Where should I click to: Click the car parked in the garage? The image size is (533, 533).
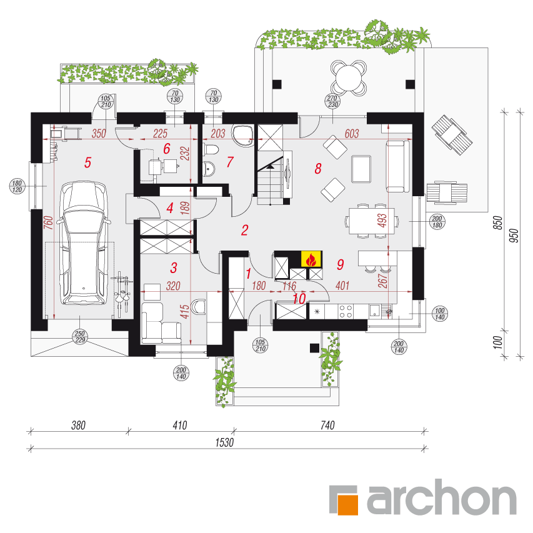coord(84,243)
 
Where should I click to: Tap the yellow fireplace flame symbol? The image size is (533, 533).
coord(311,260)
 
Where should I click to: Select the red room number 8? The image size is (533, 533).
coord(318,168)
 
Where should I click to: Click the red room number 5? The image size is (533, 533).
coord(87,162)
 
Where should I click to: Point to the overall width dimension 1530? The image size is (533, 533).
coord(224,442)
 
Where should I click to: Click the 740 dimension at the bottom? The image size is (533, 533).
coord(327,425)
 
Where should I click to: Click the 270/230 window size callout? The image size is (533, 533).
coord(332,101)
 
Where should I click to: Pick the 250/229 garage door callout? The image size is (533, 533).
coord(80,337)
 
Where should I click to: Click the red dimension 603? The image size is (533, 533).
coord(352,134)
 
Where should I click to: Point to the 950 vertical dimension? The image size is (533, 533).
coord(515,235)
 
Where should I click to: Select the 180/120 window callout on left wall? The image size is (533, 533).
coord(17,186)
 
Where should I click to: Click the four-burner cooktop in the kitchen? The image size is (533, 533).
coord(346,311)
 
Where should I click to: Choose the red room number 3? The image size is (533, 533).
coord(174,268)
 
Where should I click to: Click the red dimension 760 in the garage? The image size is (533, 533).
coord(49,222)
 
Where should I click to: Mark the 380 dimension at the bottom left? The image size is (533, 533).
coord(78,425)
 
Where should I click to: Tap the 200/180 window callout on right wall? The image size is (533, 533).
coord(437,222)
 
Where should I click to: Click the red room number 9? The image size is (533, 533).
coord(341,264)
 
